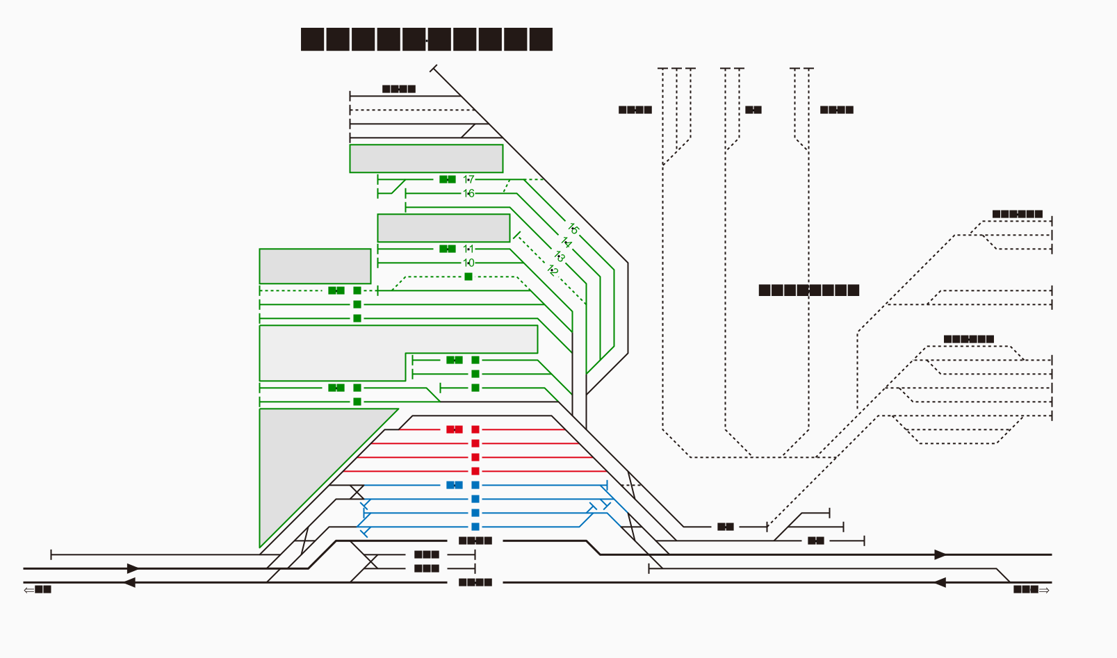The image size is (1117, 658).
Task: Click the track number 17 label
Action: [468, 179]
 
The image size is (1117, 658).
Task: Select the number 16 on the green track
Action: [468, 193]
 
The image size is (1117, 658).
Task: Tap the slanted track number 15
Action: [573, 229]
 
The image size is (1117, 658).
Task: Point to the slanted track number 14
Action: [566, 242]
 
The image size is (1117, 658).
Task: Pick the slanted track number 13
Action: [560, 256]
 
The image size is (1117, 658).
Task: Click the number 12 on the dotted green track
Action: [553, 270]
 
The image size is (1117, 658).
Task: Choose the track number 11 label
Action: [468, 249]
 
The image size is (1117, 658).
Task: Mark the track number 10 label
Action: [468, 263]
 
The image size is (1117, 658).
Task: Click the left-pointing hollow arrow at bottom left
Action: [28, 589]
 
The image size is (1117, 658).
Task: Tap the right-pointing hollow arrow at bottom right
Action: [1044, 589]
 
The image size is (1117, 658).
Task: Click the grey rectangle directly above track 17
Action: [426, 158]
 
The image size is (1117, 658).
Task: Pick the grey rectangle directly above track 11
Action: [443, 228]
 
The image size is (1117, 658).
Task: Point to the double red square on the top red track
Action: [455, 429]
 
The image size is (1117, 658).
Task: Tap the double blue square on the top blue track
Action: [455, 485]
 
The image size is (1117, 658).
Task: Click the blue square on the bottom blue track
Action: [475, 527]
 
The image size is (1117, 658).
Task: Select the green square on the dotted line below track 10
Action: [468, 277]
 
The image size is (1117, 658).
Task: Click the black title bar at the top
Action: [426, 39]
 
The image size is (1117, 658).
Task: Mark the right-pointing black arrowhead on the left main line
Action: [133, 568]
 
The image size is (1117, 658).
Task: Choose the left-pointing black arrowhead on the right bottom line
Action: [940, 582]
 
